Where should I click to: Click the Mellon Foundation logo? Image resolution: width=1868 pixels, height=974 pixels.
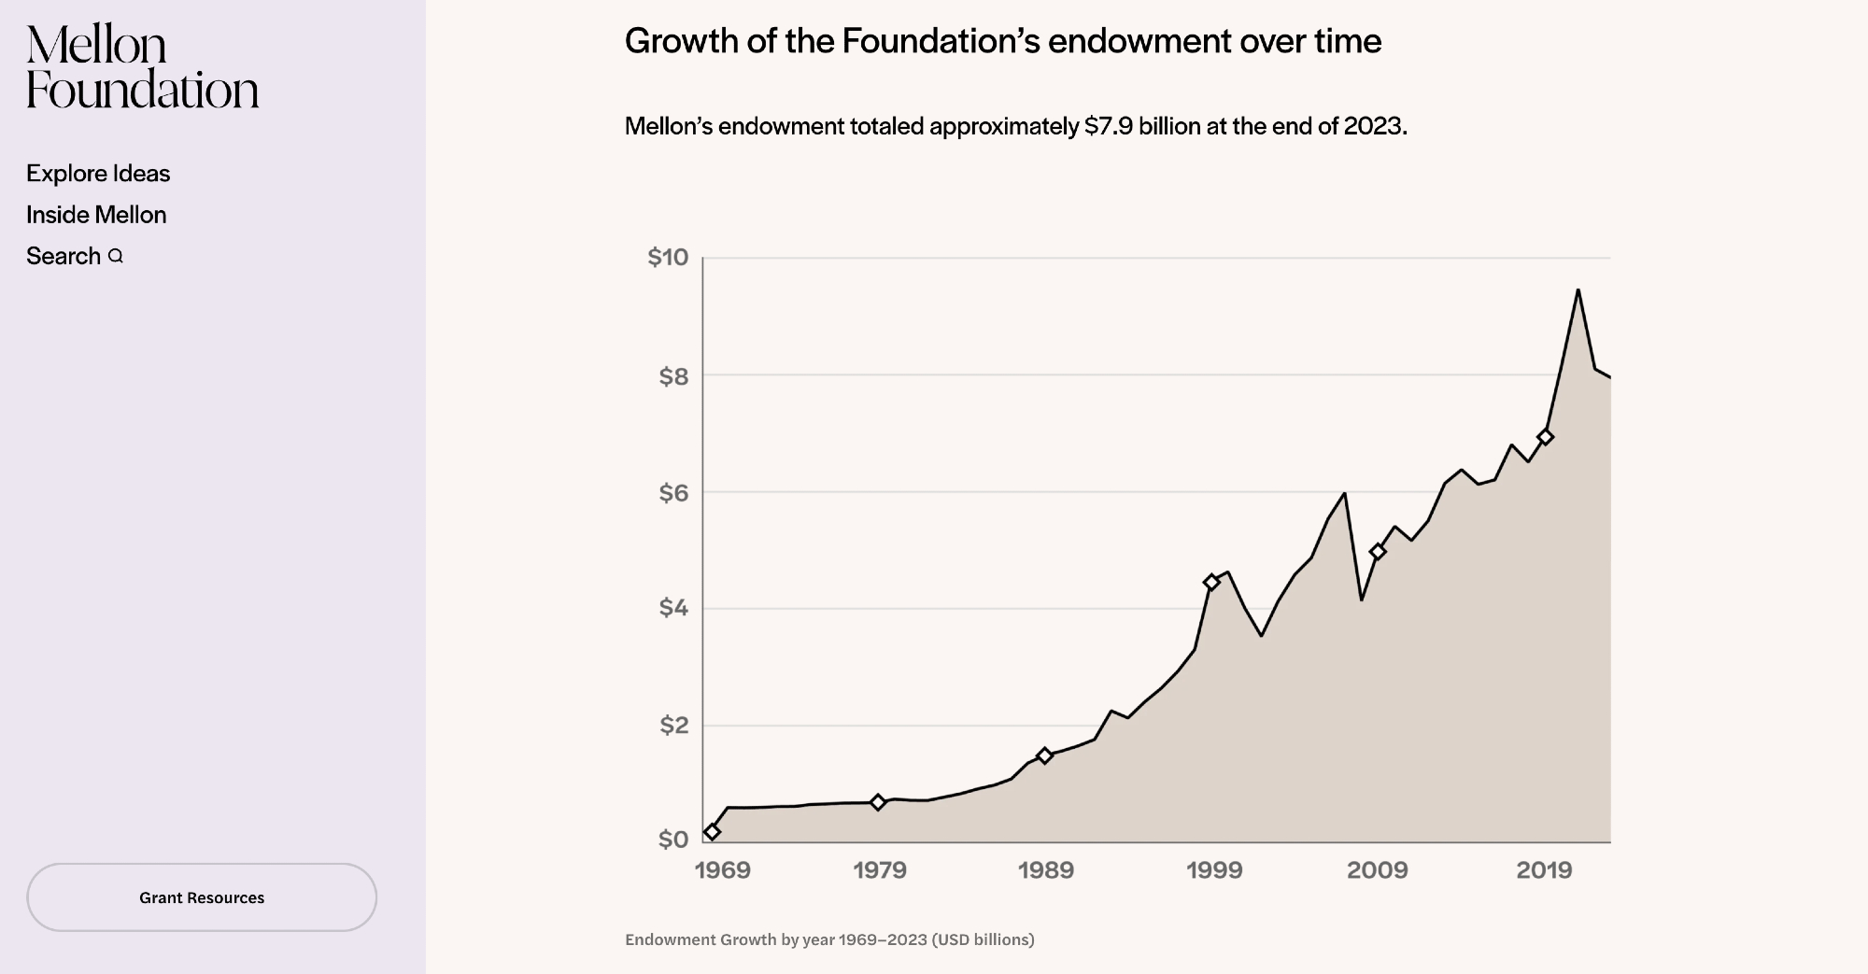[142, 67]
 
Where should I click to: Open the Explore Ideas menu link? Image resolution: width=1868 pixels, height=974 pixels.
[98, 174]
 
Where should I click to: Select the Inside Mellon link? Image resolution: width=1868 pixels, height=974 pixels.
[96, 215]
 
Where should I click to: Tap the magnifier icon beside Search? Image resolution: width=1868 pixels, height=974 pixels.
[116, 256]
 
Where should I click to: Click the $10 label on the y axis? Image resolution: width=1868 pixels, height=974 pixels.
[668, 258]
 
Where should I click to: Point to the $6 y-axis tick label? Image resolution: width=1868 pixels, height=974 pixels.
[673, 493]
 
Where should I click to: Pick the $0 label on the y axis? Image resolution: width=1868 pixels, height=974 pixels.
[673, 840]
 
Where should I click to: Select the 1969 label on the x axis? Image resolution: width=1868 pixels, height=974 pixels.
[722, 870]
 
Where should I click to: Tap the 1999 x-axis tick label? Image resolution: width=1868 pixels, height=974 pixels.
[1214, 870]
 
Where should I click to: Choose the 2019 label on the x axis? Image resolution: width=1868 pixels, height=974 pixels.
[1544, 870]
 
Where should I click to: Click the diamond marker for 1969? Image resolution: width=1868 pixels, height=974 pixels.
[712, 831]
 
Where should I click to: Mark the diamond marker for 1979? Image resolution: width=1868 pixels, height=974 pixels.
[878, 802]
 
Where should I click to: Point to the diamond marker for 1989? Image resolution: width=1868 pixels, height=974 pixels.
[1045, 755]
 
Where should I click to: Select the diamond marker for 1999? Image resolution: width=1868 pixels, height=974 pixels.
[1211, 582]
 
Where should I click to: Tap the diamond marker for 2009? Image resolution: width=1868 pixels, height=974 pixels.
[1378, 552]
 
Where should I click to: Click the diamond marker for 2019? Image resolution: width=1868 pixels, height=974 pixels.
[1545, 437]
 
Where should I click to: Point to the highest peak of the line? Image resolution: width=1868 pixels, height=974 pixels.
[1578, 290]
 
